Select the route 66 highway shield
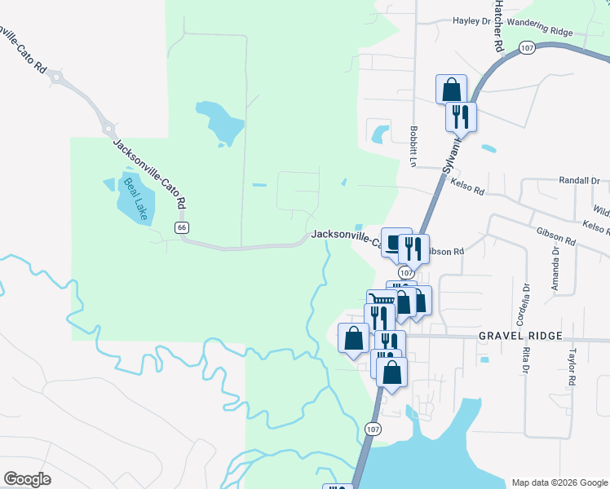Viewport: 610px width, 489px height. pyautogui.click(x=182, y=227)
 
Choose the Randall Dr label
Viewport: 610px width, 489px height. pyautogui.click(x=580, y=180)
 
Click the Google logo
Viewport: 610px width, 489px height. pyautogui.click(x=28, y=479)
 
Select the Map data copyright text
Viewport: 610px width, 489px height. pyautogui.click(x=559, y=482)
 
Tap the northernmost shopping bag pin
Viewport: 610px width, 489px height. pyautogui.click(x=451, y=90)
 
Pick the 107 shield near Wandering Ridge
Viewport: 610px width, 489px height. pyautogui.click(x=527, y=47)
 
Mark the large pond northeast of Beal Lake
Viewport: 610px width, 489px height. pyautogui.click(x=220, y=120)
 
